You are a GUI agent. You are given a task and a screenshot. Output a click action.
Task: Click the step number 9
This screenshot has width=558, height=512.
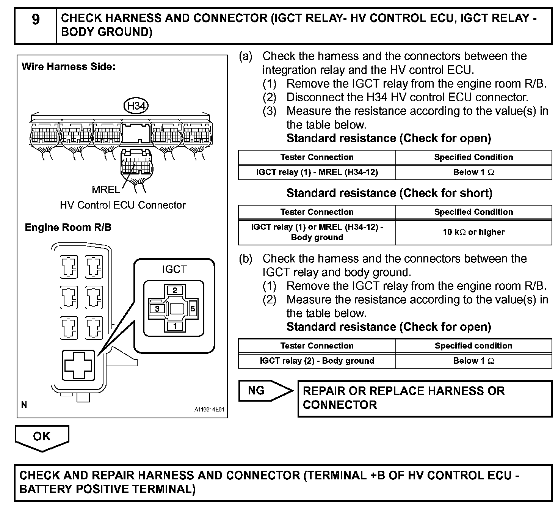coord(35,19)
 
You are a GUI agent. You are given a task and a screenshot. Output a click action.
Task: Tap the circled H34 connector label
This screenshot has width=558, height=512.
coord(136,106)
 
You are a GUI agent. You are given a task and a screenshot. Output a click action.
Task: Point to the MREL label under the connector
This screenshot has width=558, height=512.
coord(105,189)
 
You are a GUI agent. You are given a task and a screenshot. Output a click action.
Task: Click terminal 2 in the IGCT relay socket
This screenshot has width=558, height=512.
coord(175,291)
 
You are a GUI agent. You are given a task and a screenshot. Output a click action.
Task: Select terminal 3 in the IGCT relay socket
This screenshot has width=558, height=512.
coord(157,309)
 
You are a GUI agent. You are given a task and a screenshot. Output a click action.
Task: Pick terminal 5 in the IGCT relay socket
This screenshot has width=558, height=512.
coord(193,309)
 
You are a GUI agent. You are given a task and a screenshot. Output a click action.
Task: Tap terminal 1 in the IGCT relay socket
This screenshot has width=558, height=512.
coord(175,326)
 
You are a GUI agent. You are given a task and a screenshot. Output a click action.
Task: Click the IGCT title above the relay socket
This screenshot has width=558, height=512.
coord(174,269)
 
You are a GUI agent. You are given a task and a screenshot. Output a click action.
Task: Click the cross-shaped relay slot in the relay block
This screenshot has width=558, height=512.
coord(78,364)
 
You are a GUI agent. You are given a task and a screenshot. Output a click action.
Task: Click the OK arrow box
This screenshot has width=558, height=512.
coord(42,437)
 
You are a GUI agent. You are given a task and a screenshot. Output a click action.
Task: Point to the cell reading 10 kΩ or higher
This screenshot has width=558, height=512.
coord(473,232)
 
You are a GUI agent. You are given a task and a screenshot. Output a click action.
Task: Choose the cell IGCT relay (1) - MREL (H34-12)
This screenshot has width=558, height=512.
coord(317,172)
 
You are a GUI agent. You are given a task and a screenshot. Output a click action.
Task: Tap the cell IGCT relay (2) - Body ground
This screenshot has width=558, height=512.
coord(317,361)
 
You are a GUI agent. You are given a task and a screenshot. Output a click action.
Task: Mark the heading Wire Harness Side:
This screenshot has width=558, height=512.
coord(69,67)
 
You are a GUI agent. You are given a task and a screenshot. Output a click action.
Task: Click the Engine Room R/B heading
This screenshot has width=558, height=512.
coord(68,228)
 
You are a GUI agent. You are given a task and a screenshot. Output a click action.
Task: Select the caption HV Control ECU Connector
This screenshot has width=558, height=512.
coord(122,205)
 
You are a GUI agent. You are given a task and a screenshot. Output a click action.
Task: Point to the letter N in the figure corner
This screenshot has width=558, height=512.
coord(24,405)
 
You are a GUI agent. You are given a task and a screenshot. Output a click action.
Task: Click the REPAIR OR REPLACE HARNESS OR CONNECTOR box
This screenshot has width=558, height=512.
coord(425,398)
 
